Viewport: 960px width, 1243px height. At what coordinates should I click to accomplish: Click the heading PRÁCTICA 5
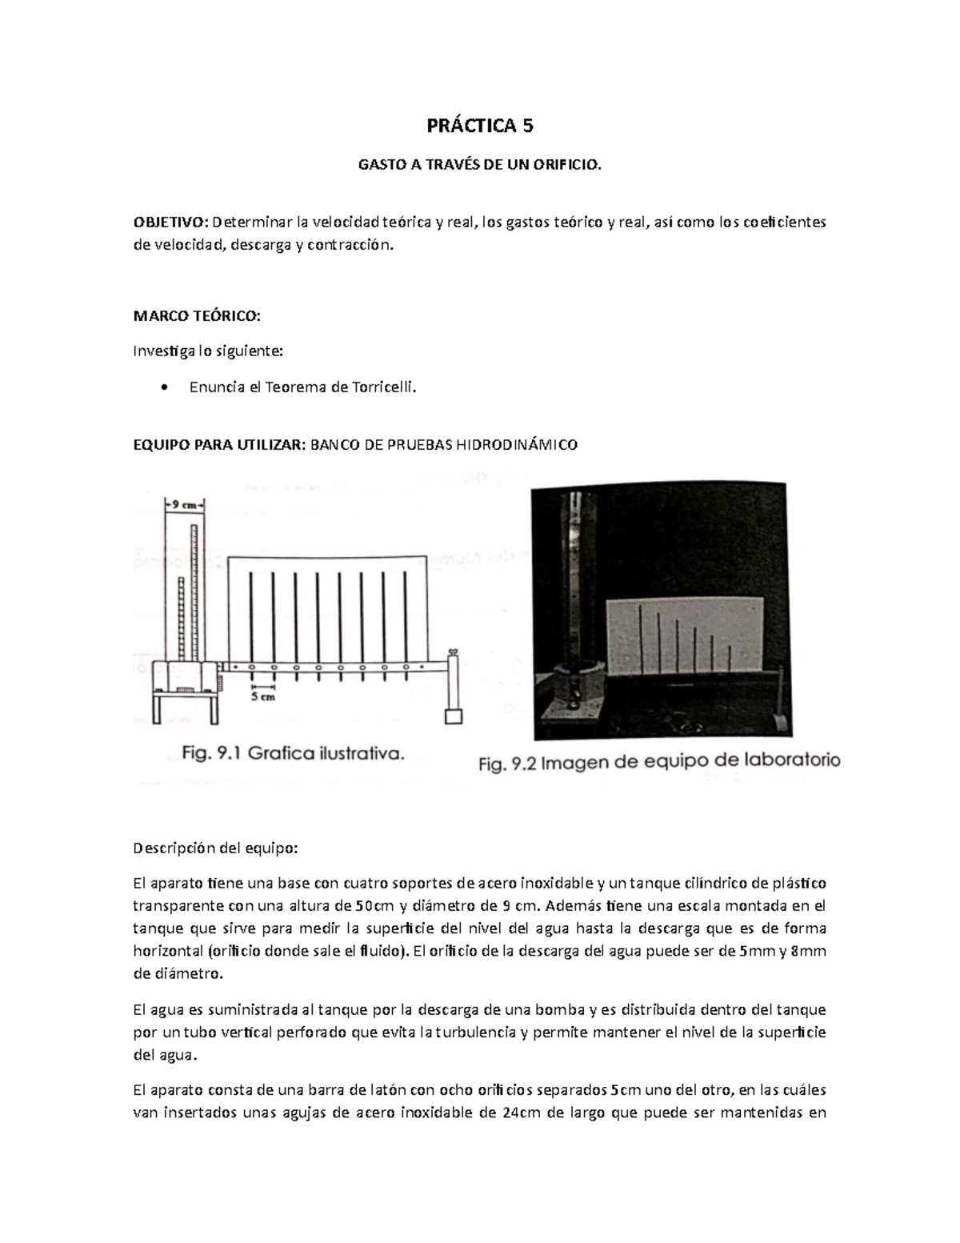point(480,126)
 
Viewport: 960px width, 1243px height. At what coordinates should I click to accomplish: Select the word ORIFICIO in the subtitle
point(569,165)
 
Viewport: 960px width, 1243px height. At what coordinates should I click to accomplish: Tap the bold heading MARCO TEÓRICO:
point(196,316)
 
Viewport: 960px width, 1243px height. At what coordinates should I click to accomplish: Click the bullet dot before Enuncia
point(164,388)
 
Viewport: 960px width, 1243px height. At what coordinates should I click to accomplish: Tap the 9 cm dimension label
point(185,505)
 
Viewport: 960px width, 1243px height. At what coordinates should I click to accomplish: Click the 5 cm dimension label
point(263,696)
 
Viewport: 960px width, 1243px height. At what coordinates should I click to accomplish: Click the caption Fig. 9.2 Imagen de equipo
point(658,763)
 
